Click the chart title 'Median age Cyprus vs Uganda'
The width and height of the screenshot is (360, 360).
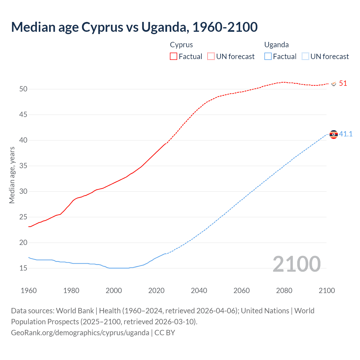134,27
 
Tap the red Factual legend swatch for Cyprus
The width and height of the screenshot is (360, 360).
174,56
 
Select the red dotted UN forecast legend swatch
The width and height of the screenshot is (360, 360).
211,56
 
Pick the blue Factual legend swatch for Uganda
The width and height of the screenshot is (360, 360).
268,56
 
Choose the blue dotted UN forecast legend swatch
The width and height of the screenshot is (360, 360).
305,56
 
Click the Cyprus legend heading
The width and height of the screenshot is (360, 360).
181,45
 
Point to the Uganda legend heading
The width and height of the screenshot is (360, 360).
276,45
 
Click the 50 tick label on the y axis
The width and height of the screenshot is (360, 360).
23,89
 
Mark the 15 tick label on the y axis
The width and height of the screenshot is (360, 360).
23,268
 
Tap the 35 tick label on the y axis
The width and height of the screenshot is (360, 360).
23,166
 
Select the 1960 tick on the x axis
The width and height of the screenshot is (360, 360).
29,291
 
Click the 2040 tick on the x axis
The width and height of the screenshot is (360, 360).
199,291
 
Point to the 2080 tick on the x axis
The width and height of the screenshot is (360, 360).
284,291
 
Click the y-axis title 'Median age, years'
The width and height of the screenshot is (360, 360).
12,175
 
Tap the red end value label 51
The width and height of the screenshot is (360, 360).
343,84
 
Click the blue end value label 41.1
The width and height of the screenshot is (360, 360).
346,134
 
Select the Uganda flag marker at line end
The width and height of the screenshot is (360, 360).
334,134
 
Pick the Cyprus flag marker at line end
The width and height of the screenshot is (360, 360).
334,84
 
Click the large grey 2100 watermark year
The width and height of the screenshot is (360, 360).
296,264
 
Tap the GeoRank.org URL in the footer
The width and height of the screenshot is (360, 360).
80,333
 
